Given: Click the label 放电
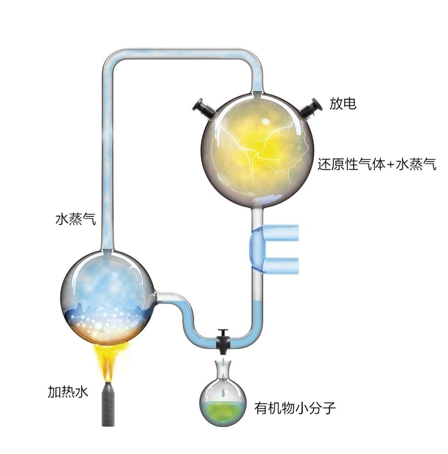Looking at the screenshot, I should [x=343, y=104].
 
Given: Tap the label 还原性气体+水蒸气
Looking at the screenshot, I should [x=377, y=165].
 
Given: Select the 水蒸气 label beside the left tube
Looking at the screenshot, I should [x=76, y=219].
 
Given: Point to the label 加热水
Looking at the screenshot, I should [x=68, y=392].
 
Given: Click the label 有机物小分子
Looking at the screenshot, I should [x=295, y=408].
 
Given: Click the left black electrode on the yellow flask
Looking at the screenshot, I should [x=203, y=107].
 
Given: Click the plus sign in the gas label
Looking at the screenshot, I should [x=389, y=165].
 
